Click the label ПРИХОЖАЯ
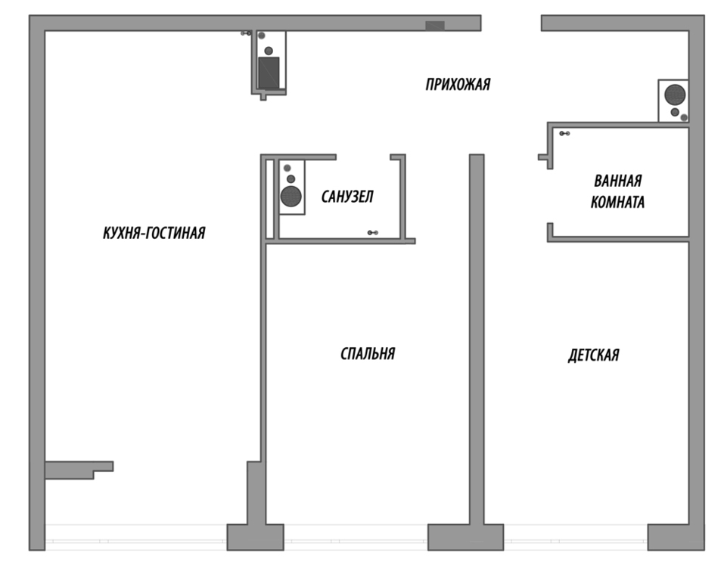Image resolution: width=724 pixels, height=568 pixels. point(458,85)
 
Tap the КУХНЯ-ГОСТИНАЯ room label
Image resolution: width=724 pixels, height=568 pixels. point(154,233)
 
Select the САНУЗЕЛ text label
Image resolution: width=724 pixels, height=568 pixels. point(347,197)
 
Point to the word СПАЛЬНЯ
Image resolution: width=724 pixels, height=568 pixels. point(368,354)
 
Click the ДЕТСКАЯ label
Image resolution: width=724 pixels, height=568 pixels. point(593,355)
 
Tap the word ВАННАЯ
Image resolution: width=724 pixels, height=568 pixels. point(618,181)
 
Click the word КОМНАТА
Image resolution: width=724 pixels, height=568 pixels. point(617,202)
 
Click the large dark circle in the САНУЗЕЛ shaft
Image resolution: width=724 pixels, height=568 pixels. point(291,196)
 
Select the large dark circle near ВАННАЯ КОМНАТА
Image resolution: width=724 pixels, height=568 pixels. point(675,95)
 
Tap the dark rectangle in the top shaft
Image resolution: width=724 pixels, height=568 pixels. point(269,73)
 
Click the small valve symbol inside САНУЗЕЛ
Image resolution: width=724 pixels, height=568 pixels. point(373,233)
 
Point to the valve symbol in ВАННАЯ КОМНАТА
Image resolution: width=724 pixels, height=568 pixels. point(564,133)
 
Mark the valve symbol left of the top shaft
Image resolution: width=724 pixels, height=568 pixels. point(246,33)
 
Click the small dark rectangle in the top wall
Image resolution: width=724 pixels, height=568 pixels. point(435,26)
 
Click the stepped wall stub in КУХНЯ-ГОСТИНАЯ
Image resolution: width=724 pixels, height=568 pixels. point(79,470)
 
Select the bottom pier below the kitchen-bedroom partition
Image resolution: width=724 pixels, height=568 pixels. point(256,537)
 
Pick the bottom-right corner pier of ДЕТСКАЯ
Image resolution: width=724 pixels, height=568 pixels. point(676,537)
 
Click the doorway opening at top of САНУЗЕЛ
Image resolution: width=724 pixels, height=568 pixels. point(363,157)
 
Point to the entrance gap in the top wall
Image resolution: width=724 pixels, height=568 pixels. point(511,23)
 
